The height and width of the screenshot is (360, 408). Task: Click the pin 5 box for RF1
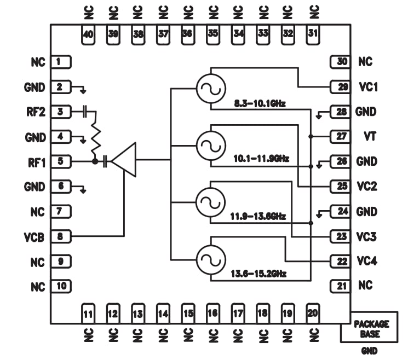(x=61, y=161)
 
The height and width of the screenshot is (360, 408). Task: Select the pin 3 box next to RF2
(x=61, y=112)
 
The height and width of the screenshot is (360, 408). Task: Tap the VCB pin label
(x=34, y=237)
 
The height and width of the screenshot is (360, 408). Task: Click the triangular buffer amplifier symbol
(x=124, y=160)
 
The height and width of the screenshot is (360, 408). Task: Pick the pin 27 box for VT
(x=342, y=136)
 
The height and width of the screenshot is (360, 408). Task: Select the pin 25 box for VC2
(x=342, y=187)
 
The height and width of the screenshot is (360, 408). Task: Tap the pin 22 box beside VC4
(x=342, y=262)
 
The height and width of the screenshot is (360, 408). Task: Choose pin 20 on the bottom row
(x=312, y=313)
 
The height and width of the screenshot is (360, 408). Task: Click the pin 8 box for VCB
(x=61, y=237)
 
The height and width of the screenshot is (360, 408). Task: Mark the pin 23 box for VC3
(x=342, y=237)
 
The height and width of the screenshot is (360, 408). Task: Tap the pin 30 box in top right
(x=342, y=61)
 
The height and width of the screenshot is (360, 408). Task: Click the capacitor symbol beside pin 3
(x=85, y=112)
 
